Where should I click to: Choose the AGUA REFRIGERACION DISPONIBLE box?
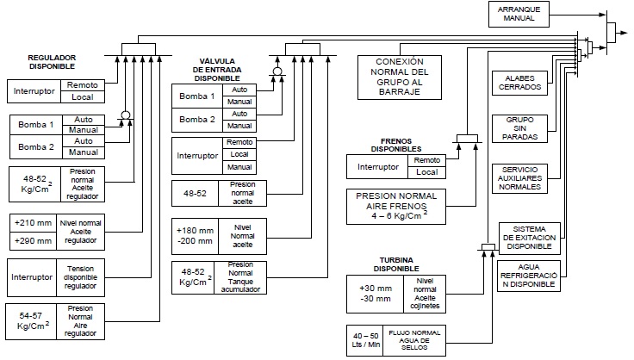tap(529, 276)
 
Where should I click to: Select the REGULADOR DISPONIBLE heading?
tap(51, 61)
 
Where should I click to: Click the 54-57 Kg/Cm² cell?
tap(31, 320)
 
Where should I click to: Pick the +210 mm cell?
tap(32, 222)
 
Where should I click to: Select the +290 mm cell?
tap(32, 240)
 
